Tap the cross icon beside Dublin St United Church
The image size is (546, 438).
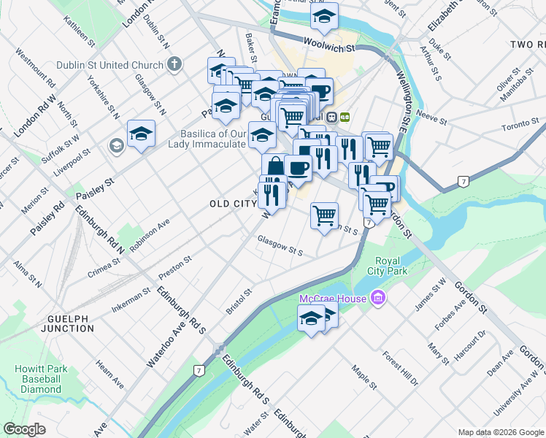tap(174, 64)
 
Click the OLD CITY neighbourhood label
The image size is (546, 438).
tap(230, 204)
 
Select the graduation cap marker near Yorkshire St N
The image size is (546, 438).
tap(141, 134)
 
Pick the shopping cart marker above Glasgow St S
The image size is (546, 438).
tap(323, 215)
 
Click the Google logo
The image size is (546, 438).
tap(24, 429)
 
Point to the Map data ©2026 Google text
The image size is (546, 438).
tap(501, 432)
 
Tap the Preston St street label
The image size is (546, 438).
tap(175, 264)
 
